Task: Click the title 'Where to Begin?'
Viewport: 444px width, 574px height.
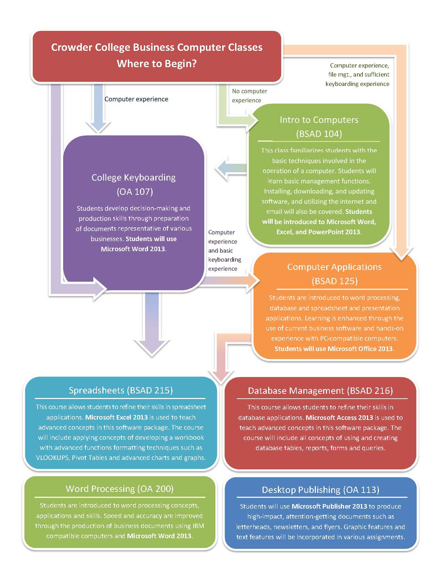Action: point(157,64)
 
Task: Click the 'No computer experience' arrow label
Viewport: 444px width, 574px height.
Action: point(249,96)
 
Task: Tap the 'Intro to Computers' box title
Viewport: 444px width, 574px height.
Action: point(319,120)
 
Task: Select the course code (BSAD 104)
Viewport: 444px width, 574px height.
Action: point(319,134)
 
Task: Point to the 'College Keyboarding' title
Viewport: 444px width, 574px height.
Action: point(133,177)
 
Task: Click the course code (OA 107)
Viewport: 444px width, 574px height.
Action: point(135,192)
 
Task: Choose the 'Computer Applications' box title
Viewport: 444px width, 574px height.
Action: point(335,267)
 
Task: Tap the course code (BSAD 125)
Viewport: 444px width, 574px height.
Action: point(335,281)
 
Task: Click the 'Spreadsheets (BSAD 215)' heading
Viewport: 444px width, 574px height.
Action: point(120,390)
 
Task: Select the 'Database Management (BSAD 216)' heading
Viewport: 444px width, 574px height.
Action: point(320,391)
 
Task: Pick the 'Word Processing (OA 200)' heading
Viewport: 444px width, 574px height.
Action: point(119,489)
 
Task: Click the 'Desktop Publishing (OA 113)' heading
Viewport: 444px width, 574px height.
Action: point(320,490)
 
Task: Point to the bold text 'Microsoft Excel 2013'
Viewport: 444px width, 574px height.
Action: point(116,417)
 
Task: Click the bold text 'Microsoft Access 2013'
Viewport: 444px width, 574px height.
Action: point(339,417)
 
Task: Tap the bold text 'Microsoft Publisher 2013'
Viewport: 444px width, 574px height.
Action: point(329,507)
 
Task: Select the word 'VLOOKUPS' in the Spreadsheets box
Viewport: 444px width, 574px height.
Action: point(52,458)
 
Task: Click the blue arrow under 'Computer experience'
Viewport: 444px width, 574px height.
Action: point(98,108)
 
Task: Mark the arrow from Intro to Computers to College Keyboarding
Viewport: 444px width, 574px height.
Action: point(231,168)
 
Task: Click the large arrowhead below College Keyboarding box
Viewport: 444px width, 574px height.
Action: point(152,348)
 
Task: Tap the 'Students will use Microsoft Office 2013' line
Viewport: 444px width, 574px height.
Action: point(334,349)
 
